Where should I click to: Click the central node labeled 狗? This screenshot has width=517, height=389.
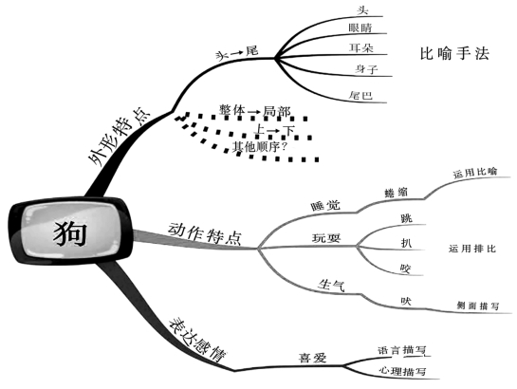[x=70, y=232]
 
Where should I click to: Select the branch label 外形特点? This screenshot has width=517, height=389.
[x=120, y=136]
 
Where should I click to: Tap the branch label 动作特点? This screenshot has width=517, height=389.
[x=205, y=233]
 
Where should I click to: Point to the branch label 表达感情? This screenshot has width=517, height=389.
[x=197, y=340]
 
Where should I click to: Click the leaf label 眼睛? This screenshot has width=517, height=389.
[x=360, y=28]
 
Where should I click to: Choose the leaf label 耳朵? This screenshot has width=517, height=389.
[x=361, y=48]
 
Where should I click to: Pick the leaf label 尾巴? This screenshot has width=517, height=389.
[x=361, y=95]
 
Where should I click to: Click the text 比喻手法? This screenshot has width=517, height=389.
[x=454, y=53]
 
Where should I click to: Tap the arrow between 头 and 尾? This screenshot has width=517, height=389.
[x=237, y=53]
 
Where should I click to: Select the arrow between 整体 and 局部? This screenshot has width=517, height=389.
[x=254, y=112]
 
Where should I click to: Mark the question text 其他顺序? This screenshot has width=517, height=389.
[x=260, y=146]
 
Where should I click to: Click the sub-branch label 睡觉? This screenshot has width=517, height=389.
[x=325, y=206]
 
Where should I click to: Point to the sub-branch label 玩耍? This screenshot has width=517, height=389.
[x=326, y=238]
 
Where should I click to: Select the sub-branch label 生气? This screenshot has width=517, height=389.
[x=331, y=285]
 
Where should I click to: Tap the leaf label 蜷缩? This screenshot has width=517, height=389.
[x=396, y=193]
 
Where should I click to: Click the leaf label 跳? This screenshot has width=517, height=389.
[x=406, y=218]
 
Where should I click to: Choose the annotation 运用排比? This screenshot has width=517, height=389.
[x=472, y=249]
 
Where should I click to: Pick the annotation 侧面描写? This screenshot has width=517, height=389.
[x=478, y=306]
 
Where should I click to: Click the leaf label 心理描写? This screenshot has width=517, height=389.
[x=402, y=371]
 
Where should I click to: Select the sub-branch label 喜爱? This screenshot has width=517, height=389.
[x=312, y=358]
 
